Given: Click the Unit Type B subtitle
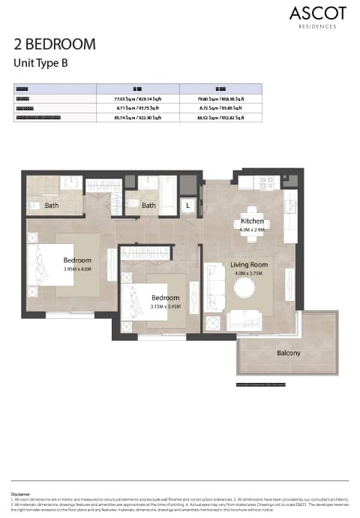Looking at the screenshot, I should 41,63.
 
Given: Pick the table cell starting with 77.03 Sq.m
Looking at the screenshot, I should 138,98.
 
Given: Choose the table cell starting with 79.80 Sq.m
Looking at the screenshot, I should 220,98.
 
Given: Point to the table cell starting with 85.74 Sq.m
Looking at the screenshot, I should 138,118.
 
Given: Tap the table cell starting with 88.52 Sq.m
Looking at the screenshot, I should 220,118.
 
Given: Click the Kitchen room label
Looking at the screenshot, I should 251,222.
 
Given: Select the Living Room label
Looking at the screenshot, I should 250,264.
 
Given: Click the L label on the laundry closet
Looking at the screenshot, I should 187,206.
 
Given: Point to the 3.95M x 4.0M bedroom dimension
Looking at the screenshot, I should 76,269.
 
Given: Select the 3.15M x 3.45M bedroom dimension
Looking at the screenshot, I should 166,306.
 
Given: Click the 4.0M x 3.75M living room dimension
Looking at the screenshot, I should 250,274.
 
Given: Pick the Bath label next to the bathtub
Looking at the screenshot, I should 149,206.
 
